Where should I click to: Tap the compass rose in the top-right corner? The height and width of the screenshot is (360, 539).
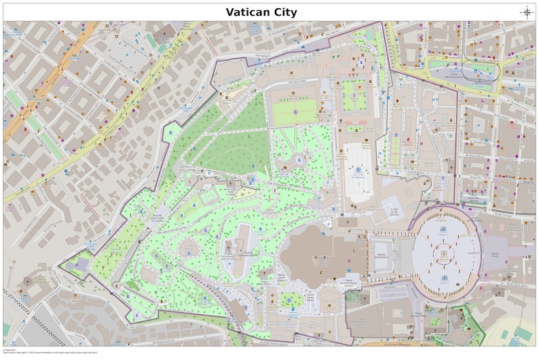pyautogui.click(x=527, y=12)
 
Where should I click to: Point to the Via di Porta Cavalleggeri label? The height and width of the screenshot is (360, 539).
pyautogui.click(x=380, y=340)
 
